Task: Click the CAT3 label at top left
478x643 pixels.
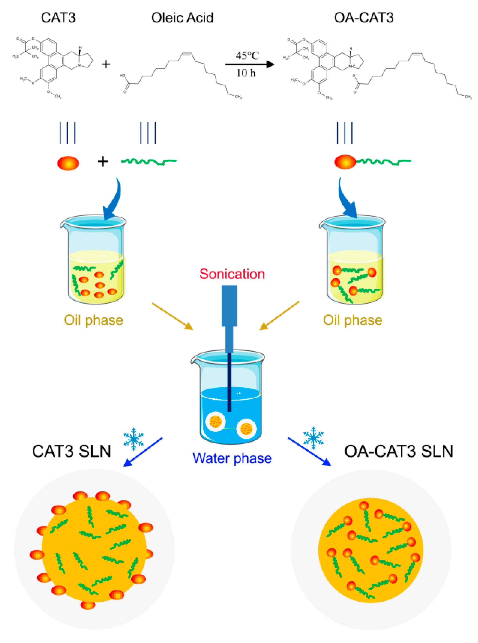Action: (58, 18)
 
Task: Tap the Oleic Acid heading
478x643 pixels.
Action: (182, 18)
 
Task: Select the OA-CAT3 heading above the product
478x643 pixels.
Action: (364, 18)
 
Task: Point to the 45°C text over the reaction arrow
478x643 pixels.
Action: (247, 56)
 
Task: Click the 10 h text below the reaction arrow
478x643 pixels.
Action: (246, 73)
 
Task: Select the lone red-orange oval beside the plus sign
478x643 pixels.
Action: (68, 163)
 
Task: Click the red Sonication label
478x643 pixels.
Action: (232, 274)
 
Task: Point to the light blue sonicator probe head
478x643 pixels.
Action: (229, 306)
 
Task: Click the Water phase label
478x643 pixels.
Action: (232, 458)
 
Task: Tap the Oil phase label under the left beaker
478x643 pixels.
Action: (93, 320)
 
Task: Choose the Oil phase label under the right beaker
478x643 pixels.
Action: (352, 320)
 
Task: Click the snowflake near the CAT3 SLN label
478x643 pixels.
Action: (134, 439)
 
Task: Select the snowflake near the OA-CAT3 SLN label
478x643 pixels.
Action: (313, 438)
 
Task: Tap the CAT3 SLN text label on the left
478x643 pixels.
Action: (71, 451)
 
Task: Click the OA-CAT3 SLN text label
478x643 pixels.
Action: (398, 451)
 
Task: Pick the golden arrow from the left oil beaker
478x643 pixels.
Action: (172, 316)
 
